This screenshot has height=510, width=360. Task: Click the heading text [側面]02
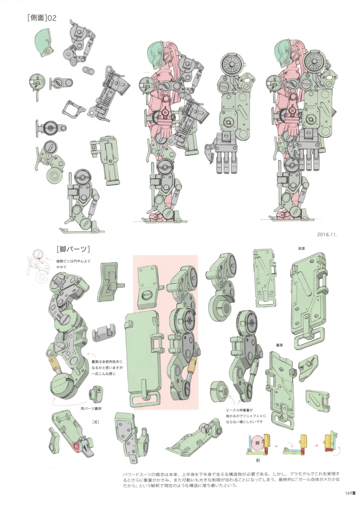pos(41,18)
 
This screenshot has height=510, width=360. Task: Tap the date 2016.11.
pos(327,235)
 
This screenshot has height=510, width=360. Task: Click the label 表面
pos(301,249)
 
